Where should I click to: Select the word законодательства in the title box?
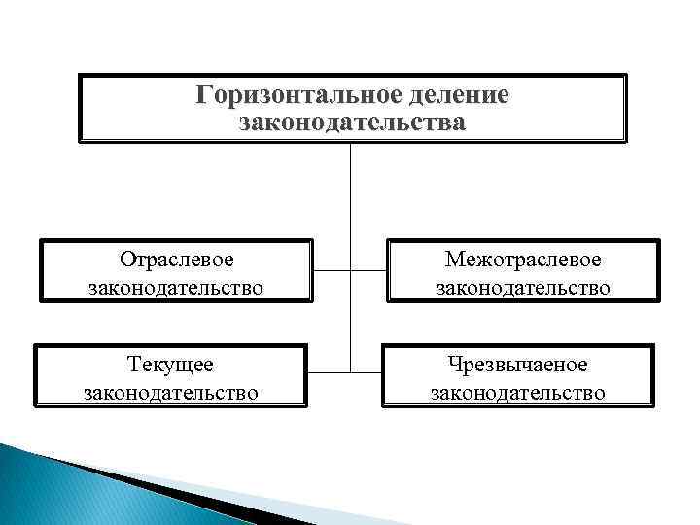tap(352, 122)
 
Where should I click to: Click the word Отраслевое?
tap(176, 260)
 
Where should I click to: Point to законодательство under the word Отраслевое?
tap(176, 288)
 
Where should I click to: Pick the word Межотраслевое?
tap(523, 260)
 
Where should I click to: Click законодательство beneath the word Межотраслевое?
tap(523, 288)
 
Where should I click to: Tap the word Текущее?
tap(171, 365)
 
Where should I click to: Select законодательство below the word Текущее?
tap(171, 392)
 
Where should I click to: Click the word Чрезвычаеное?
tap(518, 365)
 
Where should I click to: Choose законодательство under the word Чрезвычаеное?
tap(518, 392)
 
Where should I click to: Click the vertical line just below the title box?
tap(350, 194)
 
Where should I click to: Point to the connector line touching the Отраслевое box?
tap(331, 269)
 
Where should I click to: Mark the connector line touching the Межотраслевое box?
tap(369, 269)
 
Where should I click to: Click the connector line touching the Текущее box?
tap(329, 370)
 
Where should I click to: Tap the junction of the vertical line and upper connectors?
tap(350, 269)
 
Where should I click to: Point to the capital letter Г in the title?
tap(203, 96)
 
